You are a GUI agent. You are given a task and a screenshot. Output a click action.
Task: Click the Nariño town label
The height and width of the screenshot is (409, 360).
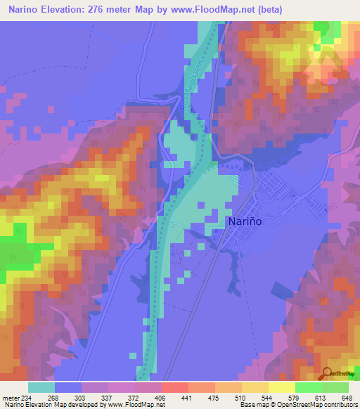click(245, 221)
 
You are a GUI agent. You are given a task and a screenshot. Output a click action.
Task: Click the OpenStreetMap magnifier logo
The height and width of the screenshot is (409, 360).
click(328, 373)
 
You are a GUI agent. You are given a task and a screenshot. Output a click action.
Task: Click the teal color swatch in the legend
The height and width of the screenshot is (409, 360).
click(41, 387)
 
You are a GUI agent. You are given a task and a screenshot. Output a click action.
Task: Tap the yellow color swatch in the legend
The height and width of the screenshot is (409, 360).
click(281, 387)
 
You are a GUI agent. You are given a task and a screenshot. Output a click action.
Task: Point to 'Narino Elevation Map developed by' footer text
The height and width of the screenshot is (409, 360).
click(46, 404)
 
